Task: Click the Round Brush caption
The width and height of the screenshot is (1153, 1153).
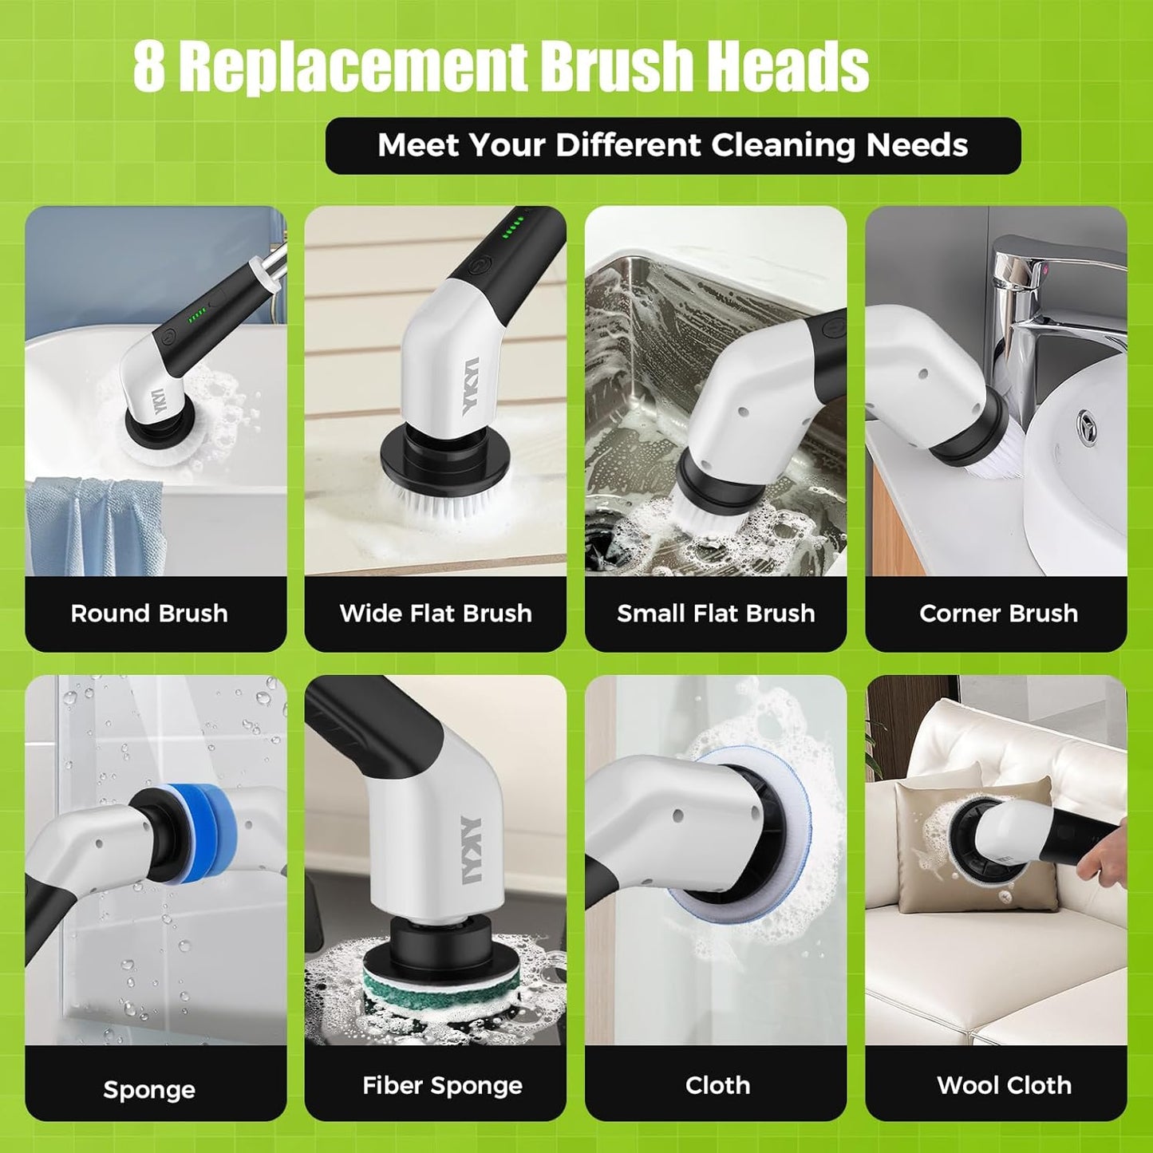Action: coord(149,613)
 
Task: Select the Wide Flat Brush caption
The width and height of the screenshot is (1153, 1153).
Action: coord(436,613)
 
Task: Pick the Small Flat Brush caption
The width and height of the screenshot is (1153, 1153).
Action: coord(716,613)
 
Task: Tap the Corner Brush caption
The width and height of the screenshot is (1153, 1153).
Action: coord(998,613)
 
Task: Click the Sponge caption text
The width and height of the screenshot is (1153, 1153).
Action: coord(149,1089)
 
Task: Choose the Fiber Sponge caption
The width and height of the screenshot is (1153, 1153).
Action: coord(442,1085)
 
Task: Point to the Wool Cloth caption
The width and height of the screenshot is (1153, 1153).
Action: coord(1004,1085)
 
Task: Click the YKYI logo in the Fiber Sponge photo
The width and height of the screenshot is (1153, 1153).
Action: coord(471,850)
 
